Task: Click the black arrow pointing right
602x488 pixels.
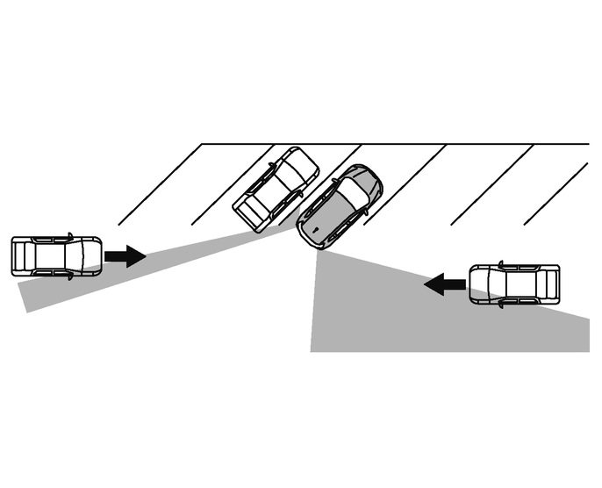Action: click(125, 256)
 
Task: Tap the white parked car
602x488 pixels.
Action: click(276, 190)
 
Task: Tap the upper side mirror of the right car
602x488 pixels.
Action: click(500, 262)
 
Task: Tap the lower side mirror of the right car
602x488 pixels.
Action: click(500, 305)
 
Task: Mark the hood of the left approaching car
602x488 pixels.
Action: click(91, 256)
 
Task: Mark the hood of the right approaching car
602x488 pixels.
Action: click(481, 283)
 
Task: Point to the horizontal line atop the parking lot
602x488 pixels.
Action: click(395, 144)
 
